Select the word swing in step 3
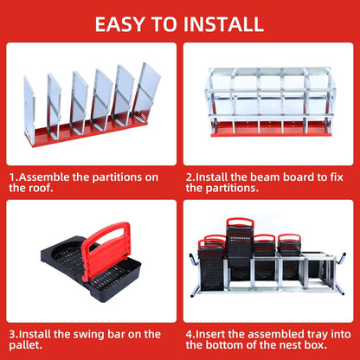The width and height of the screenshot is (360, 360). pyautogui.click(x=93, y=331)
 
